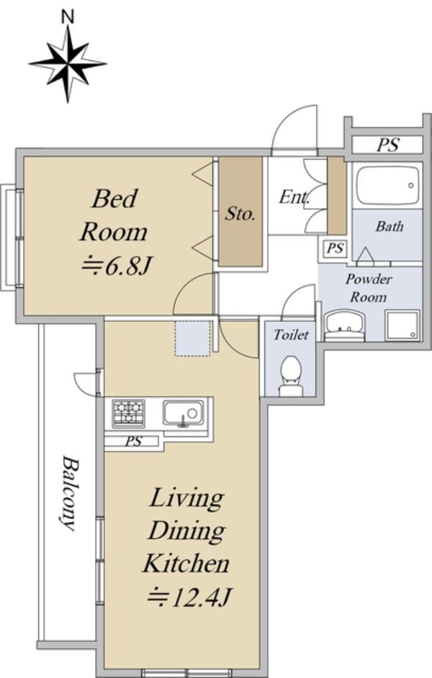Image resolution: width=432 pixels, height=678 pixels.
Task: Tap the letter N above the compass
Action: (68, 17)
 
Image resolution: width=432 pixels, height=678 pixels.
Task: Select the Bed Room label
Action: (114, 215)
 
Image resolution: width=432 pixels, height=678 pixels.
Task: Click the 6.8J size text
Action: (116, 266)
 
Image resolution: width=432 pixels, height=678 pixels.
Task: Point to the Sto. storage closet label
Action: (240, 214)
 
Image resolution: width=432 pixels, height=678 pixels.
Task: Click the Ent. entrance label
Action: (294, 197)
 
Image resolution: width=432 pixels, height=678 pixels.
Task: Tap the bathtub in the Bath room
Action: (387, 185)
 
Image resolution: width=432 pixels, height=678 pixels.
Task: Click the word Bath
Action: (389, 226)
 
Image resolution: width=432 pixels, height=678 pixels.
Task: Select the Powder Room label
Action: (369, 288)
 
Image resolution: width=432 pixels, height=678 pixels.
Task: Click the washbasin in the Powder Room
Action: (344, 325)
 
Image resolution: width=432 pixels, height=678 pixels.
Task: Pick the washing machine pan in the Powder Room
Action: (402, 325)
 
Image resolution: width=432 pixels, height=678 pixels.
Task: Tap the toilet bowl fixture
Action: (290, 376)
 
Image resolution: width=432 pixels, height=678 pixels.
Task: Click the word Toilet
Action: (291, 334)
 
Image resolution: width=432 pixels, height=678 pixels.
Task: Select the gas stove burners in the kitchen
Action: (128, 413)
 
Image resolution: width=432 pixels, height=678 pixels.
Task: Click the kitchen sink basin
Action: (183, 413)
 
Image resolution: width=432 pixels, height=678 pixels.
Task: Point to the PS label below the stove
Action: (133, 441)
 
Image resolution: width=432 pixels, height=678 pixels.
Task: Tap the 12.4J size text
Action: (189, 598)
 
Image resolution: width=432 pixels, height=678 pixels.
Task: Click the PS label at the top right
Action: (387, 145)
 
